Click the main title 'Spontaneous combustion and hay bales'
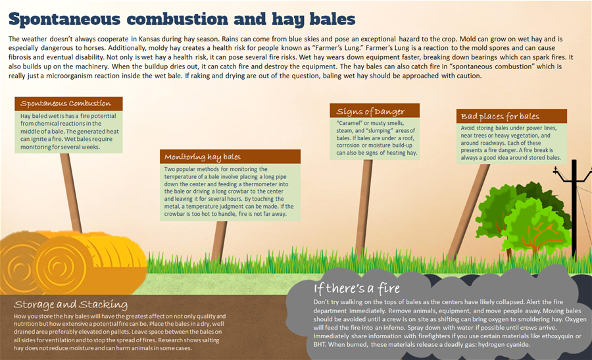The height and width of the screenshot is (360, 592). click(182, 19)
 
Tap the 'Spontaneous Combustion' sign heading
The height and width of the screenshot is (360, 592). click(66, 103)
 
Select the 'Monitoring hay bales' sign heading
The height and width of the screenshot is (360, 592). click(203, 157)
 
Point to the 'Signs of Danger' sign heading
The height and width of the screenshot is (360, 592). click(370, 111)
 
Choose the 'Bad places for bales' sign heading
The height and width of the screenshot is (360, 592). click(500, 116)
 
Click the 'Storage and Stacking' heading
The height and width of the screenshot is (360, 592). click(70, 305)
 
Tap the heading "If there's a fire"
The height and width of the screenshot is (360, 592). click(357, 289)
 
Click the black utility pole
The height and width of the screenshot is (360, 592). click(574, 210)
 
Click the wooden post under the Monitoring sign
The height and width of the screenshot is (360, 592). click(219, 242)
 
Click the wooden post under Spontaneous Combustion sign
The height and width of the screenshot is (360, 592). click(71, 193)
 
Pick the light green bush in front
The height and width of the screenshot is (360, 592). click(536, 225)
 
